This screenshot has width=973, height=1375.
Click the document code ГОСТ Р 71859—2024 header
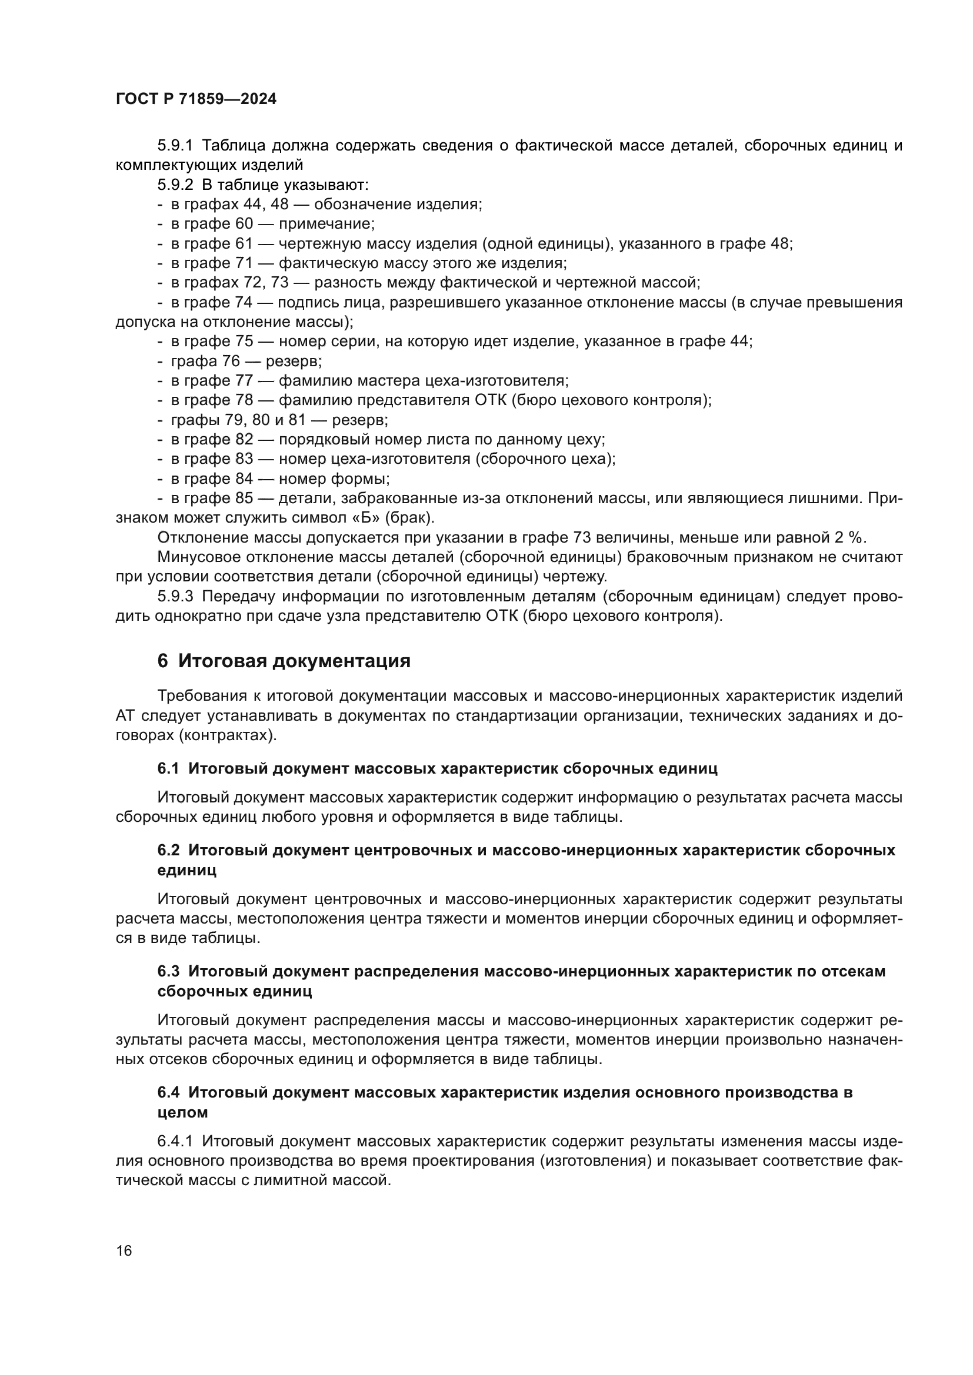point(196,99)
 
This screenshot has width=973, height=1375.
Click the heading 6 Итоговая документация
point(284,661)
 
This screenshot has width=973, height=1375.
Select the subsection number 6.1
point(168,768)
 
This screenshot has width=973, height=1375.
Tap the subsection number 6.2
point(168,851)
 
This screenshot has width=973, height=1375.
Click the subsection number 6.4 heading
point(168,1092)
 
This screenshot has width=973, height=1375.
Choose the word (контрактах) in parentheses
point(228,735)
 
